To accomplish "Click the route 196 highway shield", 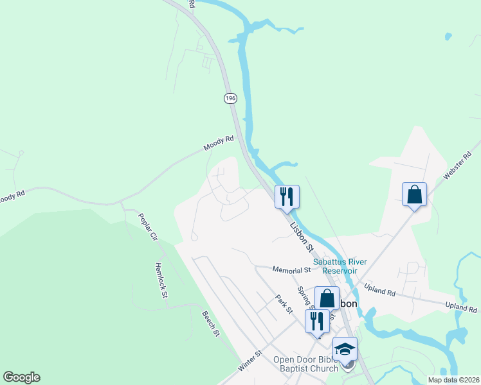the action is (x=231, y=98).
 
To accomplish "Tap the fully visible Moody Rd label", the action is (x=217, y=144).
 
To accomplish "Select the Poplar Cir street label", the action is (x=147, y=227).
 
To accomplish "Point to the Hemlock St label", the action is (x=161, y=280).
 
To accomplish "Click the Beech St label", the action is (x=211, y=325).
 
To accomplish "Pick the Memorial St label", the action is (x=291, y=270).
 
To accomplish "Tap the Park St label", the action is (x=284, y=304).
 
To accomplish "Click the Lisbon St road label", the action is (x=302, y=235).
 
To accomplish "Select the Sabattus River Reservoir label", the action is (x=334, y=266).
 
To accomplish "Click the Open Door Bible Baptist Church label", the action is (x=305, y=364).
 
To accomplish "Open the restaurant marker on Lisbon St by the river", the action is (x=287, y=196).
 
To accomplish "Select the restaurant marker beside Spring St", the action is (x=317, y=320).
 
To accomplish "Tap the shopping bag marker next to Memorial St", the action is (x=327, y=298).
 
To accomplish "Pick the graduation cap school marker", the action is (x=345, y=349).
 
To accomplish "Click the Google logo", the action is (x=21, y=377).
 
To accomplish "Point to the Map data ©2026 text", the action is (x=453, y=380).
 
